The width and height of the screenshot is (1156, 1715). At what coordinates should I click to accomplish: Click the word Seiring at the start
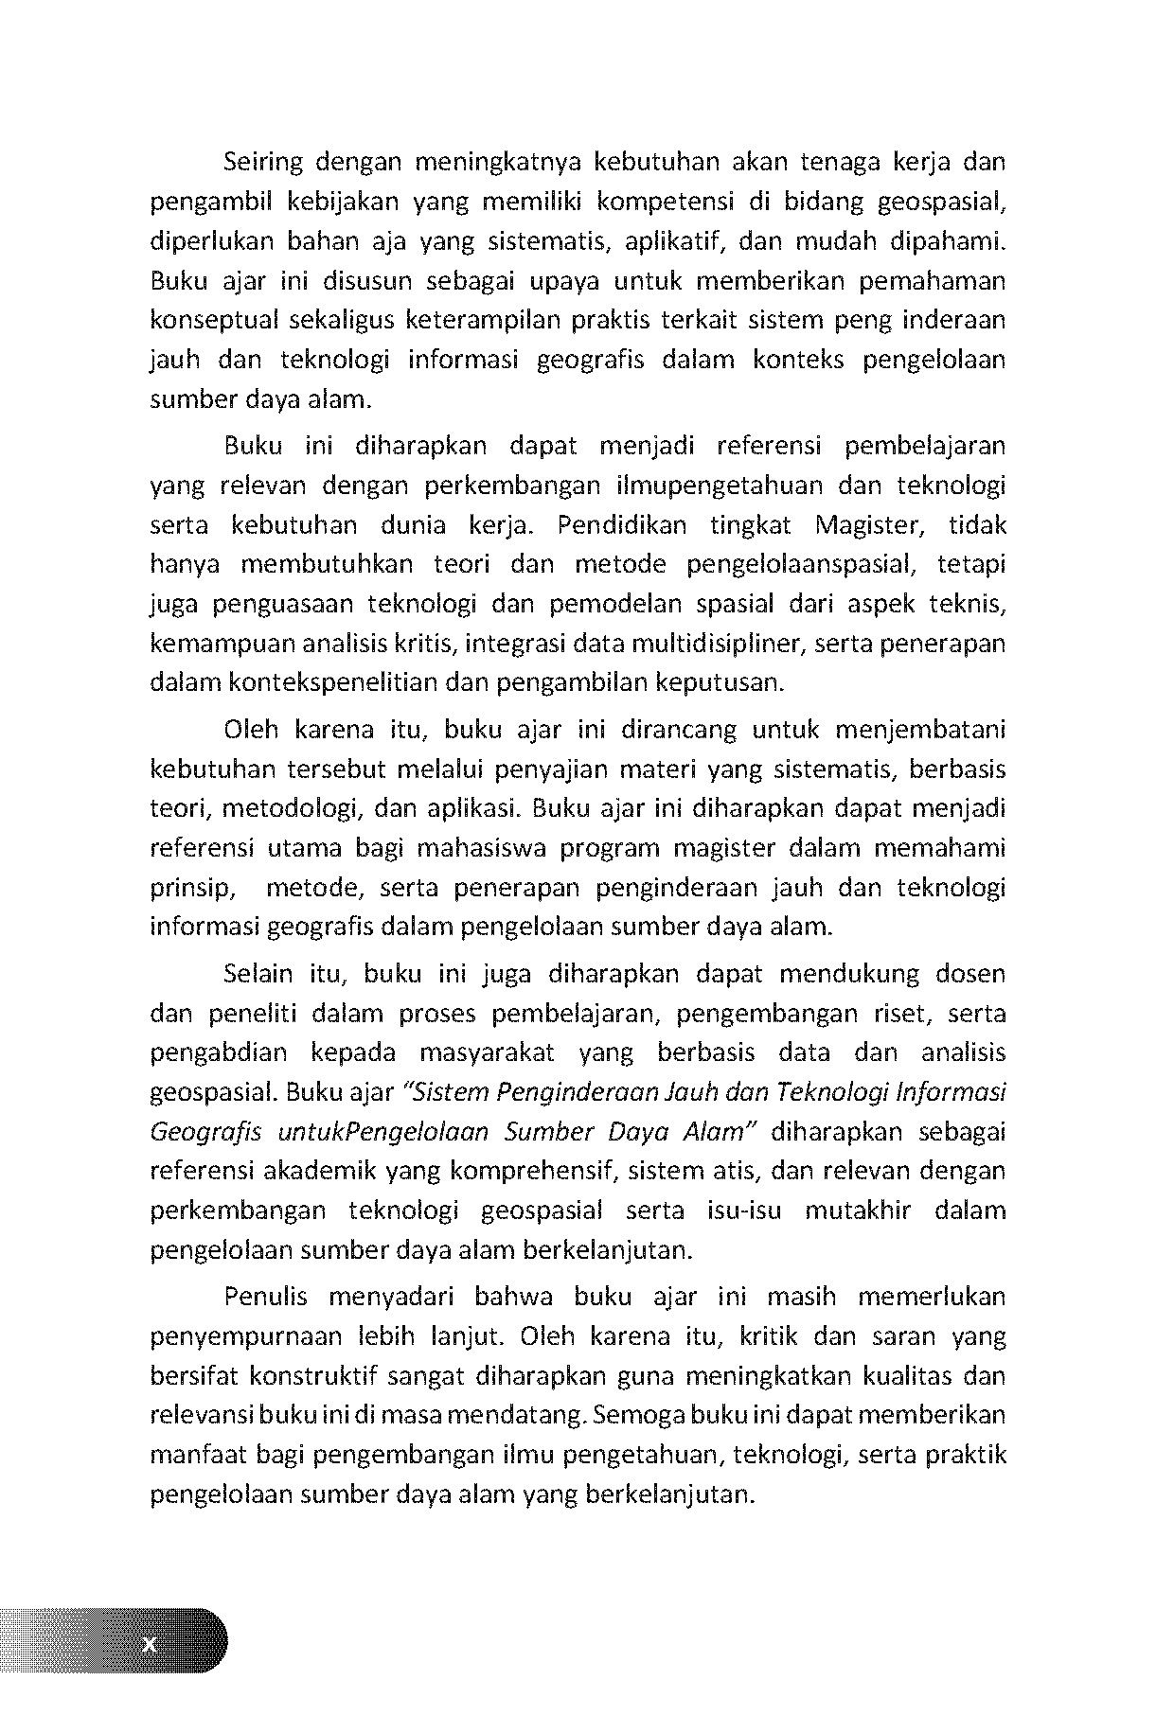262,164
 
